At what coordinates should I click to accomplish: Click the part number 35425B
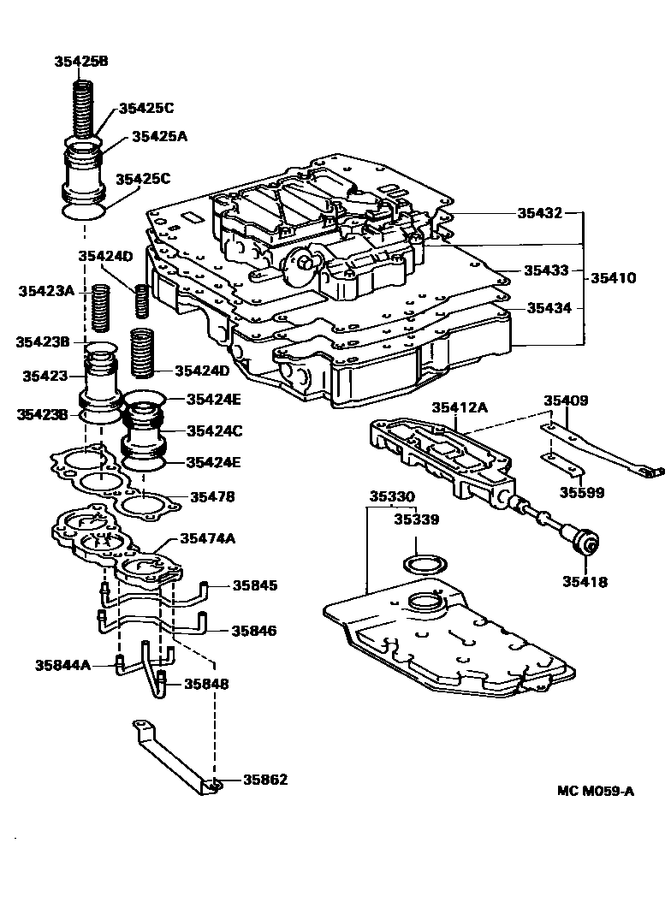pos(81,62)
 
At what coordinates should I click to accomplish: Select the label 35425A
pos(158,137)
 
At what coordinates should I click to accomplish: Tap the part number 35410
pos(612,278)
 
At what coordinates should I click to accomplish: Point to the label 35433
pos(546,270)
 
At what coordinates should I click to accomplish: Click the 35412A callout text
pos(459,408)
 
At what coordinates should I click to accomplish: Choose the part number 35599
pos(581,492)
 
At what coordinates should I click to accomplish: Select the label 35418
pos(585,582)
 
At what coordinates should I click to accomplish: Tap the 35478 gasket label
pos(212,496)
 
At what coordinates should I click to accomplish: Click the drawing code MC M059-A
pos(596,791)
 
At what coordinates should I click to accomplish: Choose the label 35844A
pos(62,664)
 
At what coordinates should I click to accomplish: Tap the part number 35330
pos(392,496)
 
